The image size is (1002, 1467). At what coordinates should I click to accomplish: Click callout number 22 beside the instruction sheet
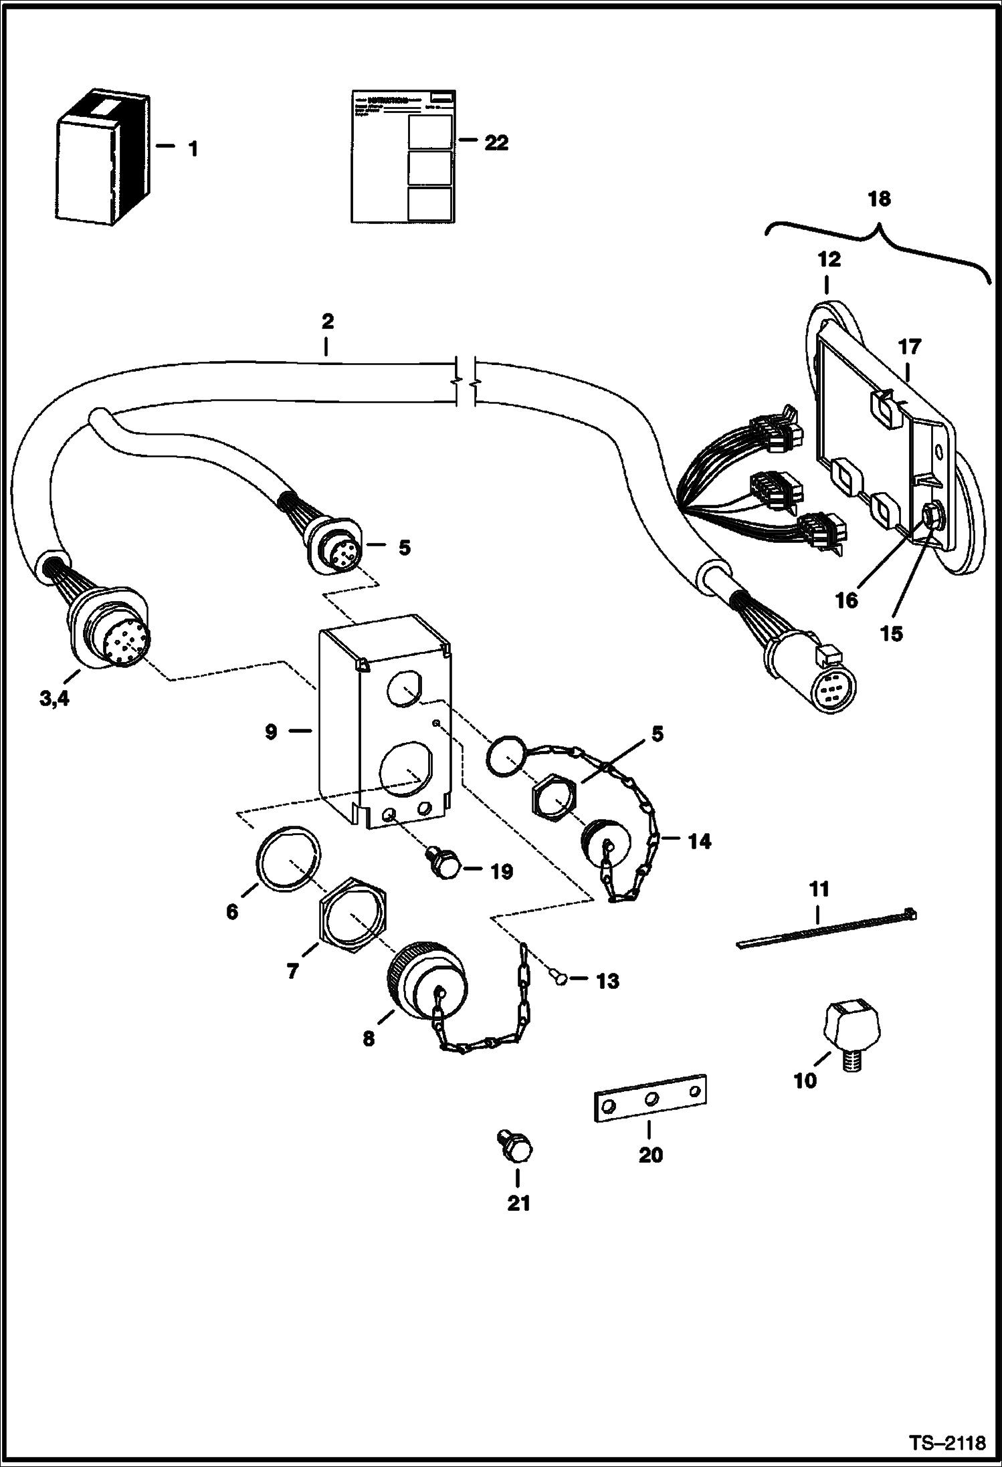click(496, 142)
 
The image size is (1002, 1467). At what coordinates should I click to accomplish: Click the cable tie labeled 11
click(827, 929)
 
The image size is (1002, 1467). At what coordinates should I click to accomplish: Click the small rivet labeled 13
click(560, 980)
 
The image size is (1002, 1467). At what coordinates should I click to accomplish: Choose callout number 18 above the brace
click(880, 199)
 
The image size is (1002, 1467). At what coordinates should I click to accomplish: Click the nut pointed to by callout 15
click(930, 516)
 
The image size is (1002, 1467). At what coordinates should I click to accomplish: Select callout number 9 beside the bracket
click(271, 732)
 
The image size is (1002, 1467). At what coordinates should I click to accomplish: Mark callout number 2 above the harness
click(326, 322)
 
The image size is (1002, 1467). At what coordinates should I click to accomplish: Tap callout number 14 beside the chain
click(700, 841)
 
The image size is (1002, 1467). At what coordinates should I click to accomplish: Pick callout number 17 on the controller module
click(910, 347)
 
